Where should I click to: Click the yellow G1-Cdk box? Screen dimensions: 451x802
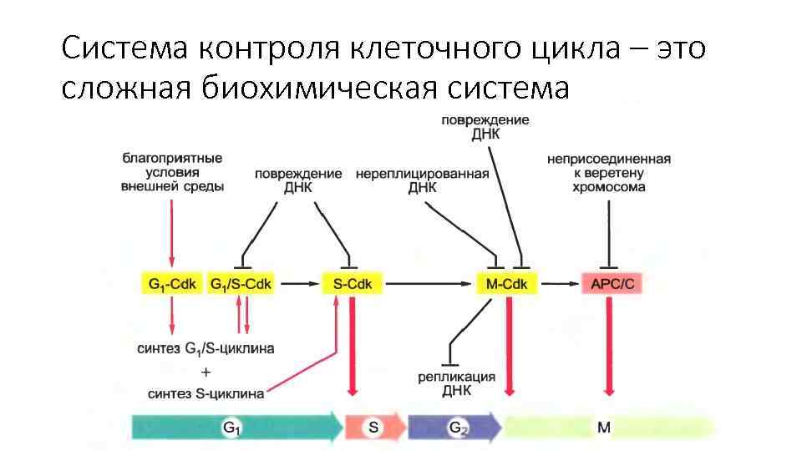172,285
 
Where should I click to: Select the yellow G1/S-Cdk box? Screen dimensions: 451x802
246,285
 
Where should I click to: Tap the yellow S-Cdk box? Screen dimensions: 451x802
352,285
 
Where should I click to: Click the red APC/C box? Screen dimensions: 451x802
612,285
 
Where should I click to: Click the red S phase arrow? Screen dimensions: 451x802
373,428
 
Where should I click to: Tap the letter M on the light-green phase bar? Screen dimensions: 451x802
604,428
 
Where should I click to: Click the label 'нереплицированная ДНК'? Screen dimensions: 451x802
422,181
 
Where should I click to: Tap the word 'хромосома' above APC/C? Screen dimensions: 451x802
608,188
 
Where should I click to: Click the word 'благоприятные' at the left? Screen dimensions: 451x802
172,158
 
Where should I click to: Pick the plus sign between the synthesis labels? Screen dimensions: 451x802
206,370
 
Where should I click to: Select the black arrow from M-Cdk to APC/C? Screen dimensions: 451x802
560,285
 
